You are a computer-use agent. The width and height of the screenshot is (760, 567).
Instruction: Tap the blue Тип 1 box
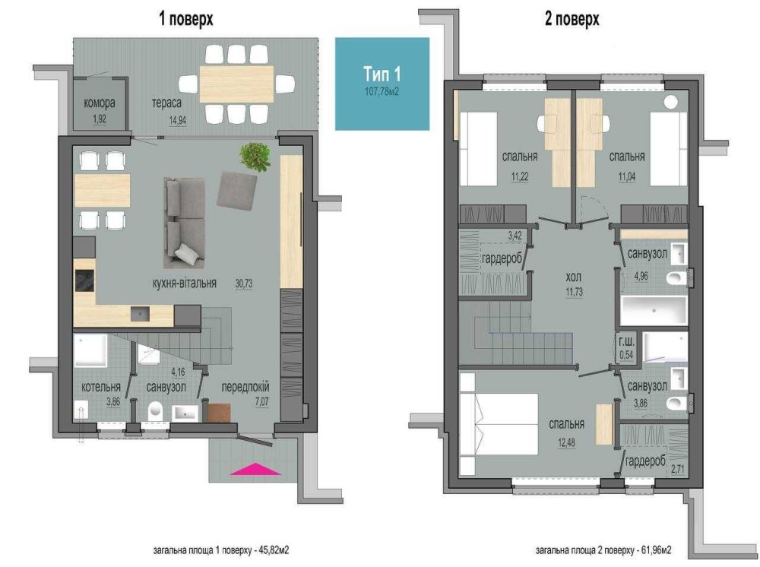pyautogui.click(x=382, y=84)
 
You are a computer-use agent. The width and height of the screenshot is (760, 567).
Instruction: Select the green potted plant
pyautogui.click(x=255, y=156)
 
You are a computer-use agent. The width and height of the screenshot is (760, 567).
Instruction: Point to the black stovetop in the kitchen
pyautogui.click(x=85, y=281)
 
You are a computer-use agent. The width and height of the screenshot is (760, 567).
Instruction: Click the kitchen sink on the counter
pyautogui.click(x=140, y=314)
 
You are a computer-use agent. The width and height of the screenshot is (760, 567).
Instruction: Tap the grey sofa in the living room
pyautogui.click(x=184, y=223)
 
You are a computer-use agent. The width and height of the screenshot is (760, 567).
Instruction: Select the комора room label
pyautogui.click(x=100, y=103)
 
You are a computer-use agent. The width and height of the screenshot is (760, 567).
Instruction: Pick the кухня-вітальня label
pyautogui.click(x=184, y=283)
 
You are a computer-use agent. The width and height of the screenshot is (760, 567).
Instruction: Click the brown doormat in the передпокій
pyautogui.click(x=219, y=413)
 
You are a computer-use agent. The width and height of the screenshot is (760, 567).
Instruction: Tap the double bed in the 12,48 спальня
pyautogui.click(x=499, y=423)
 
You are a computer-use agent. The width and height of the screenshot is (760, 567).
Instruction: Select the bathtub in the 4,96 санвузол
pyautogui.click(x=654, y=311)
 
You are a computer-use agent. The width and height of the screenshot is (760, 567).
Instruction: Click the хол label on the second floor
pyautogui.click(x=573, y=277)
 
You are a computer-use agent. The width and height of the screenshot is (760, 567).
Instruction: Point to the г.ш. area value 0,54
pyautogui.click(x=627, y=355)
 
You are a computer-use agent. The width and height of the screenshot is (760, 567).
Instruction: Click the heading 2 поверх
pyautogui.click(x=572, y=20)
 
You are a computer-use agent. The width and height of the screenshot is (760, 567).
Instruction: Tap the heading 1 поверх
pyautogui.click(x=186, y=20)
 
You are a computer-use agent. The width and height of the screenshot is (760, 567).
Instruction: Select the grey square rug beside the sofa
pyautogui.click(x=236, y=191)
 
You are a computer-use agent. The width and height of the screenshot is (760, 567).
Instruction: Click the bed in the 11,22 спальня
pyautogui.click(x=478, y=149)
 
